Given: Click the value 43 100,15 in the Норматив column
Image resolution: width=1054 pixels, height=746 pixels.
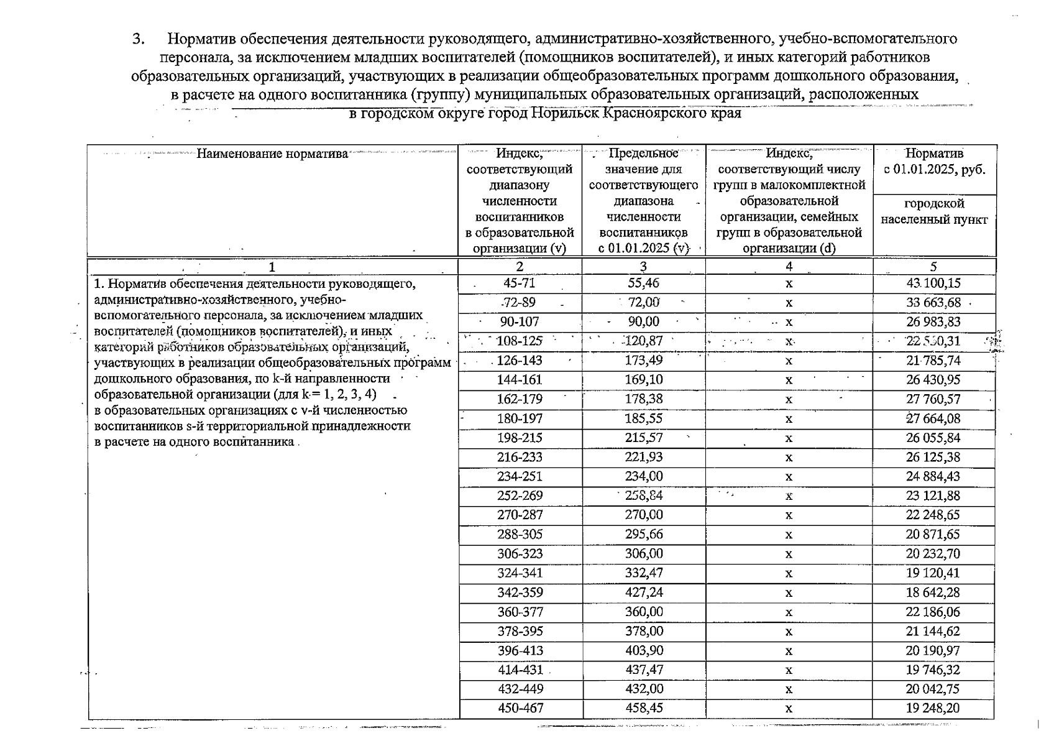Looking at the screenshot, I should [933, 283].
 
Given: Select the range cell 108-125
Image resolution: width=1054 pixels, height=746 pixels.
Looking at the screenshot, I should [520, 341].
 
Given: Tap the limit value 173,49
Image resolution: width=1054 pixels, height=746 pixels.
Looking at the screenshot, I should [643, 361].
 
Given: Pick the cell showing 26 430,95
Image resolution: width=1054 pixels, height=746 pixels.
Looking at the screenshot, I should [933, 380].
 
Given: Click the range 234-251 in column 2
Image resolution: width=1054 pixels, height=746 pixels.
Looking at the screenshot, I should [520, 477].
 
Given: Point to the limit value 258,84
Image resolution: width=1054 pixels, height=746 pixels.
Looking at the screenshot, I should [643, 496].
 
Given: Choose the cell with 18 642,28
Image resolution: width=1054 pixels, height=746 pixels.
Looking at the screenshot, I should [933, 592].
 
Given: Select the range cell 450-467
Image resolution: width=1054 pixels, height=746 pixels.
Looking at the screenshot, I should [520, 708].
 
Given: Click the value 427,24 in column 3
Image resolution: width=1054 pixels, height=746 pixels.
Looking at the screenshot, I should [643, 592].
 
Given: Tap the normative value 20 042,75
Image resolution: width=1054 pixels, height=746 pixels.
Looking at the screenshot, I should [933, 689].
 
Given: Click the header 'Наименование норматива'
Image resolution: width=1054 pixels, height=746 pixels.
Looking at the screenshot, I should [272, 154].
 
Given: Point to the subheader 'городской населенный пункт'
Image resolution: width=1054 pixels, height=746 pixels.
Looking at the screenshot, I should [934, 211].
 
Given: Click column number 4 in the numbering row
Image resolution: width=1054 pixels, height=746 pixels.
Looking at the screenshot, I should [789, 267].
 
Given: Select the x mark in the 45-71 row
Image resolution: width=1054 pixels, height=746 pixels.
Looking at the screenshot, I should [789, 284].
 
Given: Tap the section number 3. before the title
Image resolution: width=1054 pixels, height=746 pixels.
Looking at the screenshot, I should [139, 39].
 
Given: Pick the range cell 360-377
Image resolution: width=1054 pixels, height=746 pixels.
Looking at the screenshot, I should [520, 612].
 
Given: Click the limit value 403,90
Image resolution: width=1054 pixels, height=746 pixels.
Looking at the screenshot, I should [643, 650].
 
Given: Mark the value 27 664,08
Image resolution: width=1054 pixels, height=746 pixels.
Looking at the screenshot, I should [933, 418].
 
